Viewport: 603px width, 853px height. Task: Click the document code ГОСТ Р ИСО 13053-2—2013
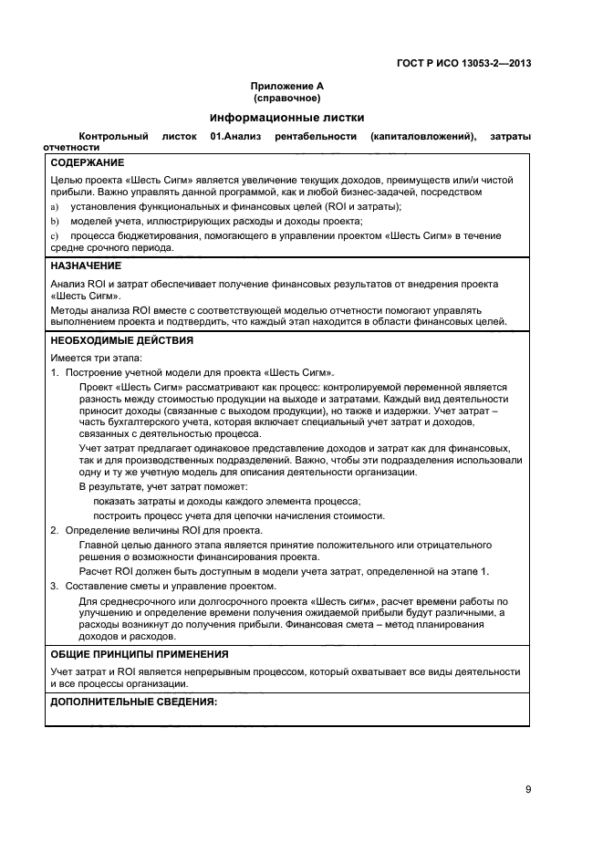[x=465, y=63]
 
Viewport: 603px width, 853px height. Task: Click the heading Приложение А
[x=286, y=86]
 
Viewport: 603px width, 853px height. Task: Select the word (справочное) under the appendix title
[x=286, y=98]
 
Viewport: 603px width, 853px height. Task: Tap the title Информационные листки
[x=286, y=118]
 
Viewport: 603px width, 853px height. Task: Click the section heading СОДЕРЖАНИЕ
[x=88, y=162]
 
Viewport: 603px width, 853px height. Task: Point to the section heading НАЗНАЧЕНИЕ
[x=86, y=265]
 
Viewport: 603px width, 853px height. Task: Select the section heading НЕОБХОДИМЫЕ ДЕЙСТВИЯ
[x=121, y=340]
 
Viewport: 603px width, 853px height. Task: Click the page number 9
[x=527, y=790]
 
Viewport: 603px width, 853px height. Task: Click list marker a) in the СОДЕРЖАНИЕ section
[x=55, y=207]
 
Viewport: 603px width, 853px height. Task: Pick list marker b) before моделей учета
[x=55, y=221]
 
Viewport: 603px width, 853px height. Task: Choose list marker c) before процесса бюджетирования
[x=55, y=235]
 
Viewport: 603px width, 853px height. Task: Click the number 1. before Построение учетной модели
[x=55, y=373]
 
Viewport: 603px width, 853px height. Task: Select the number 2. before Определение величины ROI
[x=55, y=530]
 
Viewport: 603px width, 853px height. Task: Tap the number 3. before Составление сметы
[x=55, y=586]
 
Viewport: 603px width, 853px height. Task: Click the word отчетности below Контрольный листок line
[x=71, y=147]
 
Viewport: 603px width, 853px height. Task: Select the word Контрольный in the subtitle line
[x=113, y=136]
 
